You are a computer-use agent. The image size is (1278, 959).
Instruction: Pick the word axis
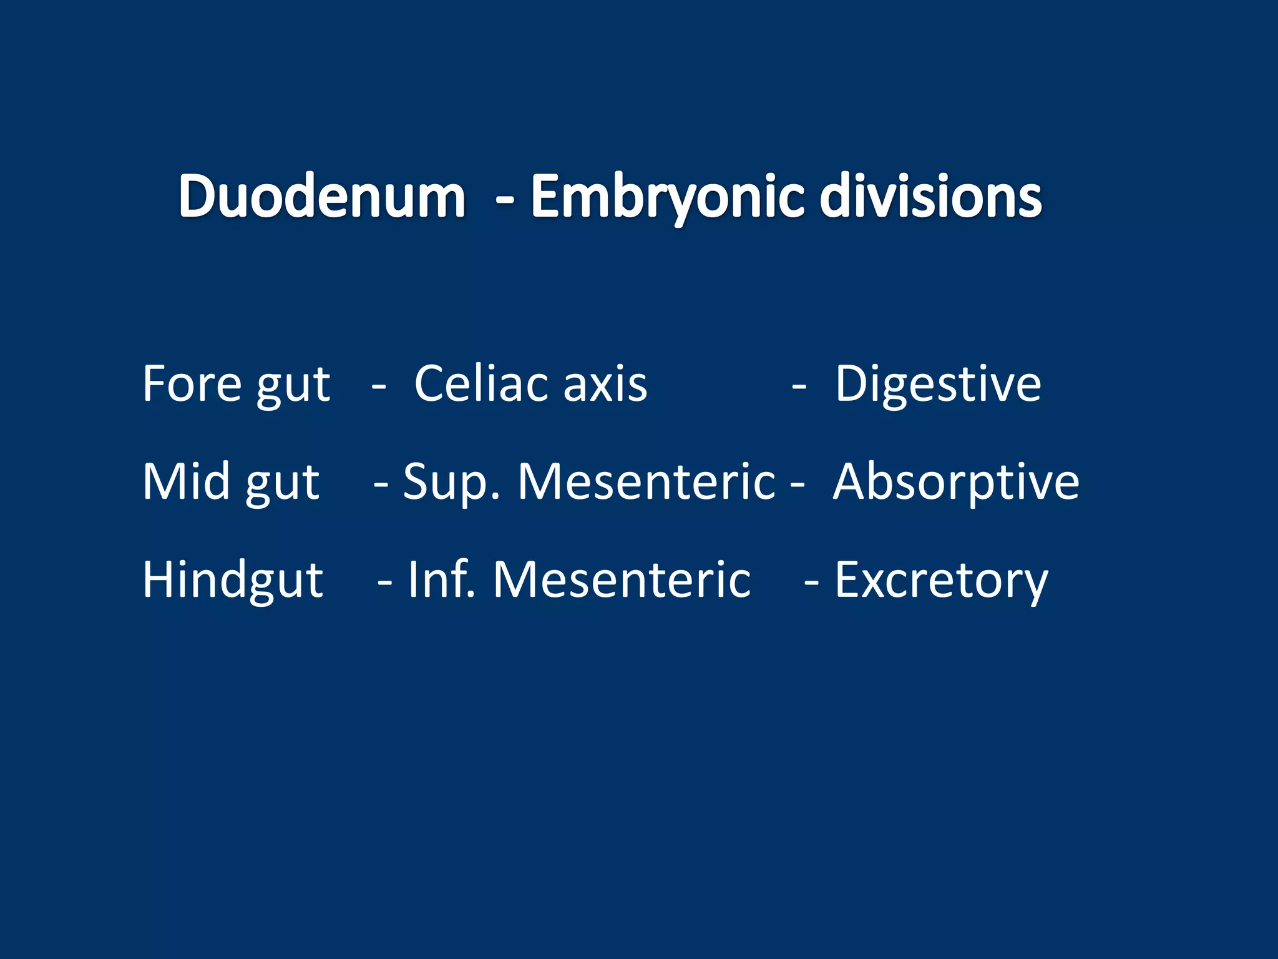coord(605,383)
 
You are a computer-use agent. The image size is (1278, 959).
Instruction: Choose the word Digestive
coord(938,383)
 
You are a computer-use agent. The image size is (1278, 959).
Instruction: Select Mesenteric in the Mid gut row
coord(646,481)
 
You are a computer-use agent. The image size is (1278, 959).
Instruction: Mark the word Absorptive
coord(956,481)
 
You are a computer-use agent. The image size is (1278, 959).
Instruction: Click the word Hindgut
coord(233,579)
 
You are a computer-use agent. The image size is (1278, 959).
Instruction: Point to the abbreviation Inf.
coord(441,579)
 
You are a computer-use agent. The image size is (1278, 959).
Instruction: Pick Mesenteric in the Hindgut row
coord(622,579)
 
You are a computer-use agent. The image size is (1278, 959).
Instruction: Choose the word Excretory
coord(941,579)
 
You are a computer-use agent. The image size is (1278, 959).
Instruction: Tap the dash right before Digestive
coord(799,387)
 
